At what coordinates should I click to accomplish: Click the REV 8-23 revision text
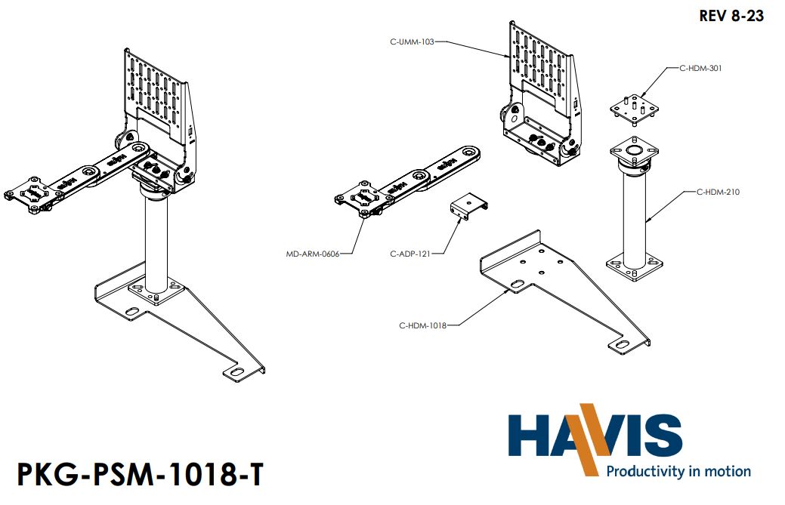point(731,16)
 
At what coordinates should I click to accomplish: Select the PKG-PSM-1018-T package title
point(141,476)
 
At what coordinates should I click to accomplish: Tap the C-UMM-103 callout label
point(412,42)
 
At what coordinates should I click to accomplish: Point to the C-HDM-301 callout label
point(700,68)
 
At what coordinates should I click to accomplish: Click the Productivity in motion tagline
point(678,471)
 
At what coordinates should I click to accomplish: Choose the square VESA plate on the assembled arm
point(32,192)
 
